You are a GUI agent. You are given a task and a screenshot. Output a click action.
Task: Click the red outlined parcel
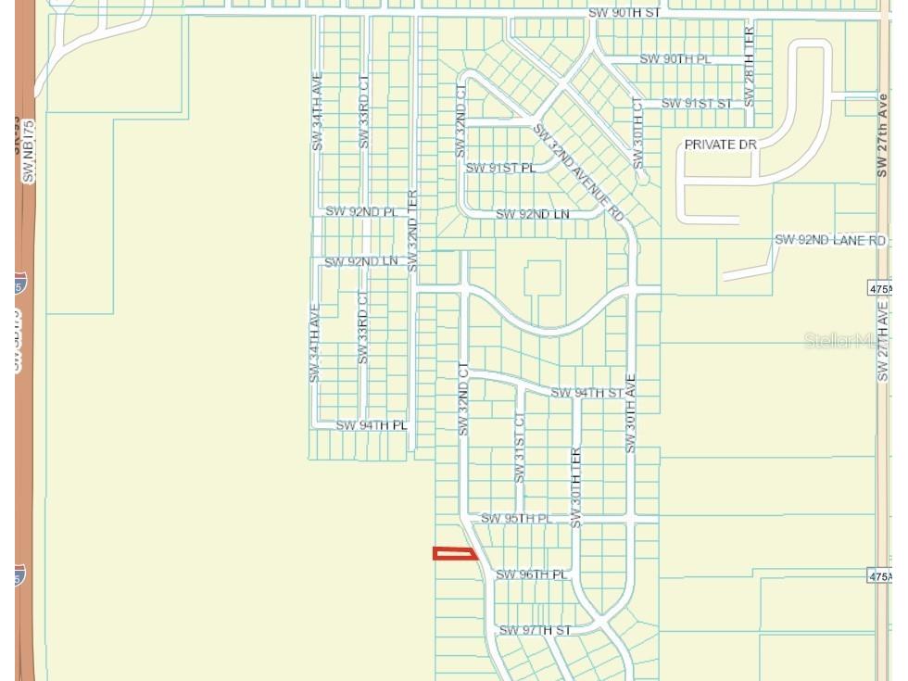tap(455, 554)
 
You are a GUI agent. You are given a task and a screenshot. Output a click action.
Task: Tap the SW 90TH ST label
tap(624, 14)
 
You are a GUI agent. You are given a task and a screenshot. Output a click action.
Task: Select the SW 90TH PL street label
tap(675, 59)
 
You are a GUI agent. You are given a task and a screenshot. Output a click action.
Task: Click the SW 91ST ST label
tap(696, 103)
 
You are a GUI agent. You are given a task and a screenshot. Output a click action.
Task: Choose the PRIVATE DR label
tap(721, 145)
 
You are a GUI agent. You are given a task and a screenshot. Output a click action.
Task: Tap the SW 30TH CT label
tap(637, 132)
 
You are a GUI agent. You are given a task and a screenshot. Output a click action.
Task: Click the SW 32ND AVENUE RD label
tap(579, 173)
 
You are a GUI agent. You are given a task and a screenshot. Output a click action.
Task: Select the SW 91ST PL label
tap(500, 168)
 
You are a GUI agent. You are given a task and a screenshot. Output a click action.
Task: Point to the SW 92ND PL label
tap(360, 211)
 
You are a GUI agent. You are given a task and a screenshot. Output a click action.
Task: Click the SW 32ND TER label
tap(413, 231)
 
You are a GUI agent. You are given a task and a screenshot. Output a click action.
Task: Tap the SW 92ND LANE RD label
tap(830, 240)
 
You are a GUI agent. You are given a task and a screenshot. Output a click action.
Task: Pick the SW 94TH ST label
tap(586, 393)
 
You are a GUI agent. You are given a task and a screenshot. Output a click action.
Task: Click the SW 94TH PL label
tap(372, 425)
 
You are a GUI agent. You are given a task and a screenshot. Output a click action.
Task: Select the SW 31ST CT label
tap(520, 448)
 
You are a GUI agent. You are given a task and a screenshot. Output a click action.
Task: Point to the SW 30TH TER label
tap(575, 487)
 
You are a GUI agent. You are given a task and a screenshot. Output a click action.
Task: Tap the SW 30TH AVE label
tap(631, 413)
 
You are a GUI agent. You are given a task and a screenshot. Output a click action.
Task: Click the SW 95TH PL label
tap(516, 518)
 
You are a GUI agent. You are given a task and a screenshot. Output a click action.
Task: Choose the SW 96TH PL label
tap(532, 574)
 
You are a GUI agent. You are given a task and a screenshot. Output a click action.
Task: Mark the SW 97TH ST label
tap(536, 630)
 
